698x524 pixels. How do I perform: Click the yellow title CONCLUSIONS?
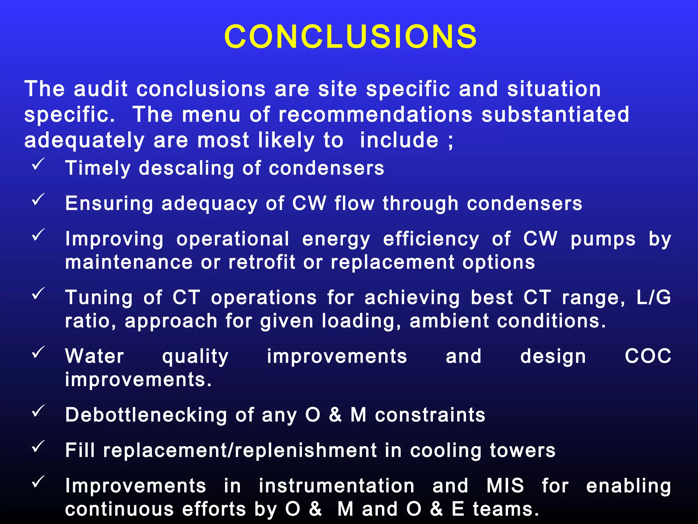click(350, 37)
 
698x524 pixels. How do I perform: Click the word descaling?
click(186, 168)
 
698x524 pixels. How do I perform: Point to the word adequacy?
click(209, 204)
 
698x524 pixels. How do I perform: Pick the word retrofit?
click(261, 262)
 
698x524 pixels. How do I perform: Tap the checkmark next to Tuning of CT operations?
click(38, 293)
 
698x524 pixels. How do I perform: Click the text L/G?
click(653, 297)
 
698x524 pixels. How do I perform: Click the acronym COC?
click(648, 356)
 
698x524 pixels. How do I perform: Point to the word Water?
click(95, 356)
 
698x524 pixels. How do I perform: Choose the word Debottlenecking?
click(146, 415)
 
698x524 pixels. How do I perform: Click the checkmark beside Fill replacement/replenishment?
click(38, 446)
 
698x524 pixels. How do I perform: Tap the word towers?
click(522, 450)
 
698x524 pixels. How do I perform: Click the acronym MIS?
click(505, 486)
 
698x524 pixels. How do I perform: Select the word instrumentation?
click(336, 486)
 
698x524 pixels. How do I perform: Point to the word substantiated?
click(555, 114)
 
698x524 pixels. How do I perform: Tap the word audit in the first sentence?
click(101, 89)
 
